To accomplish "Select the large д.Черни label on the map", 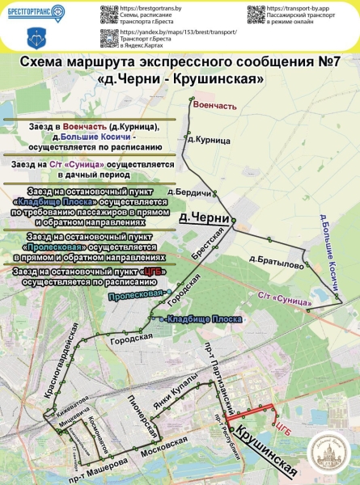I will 201,218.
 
